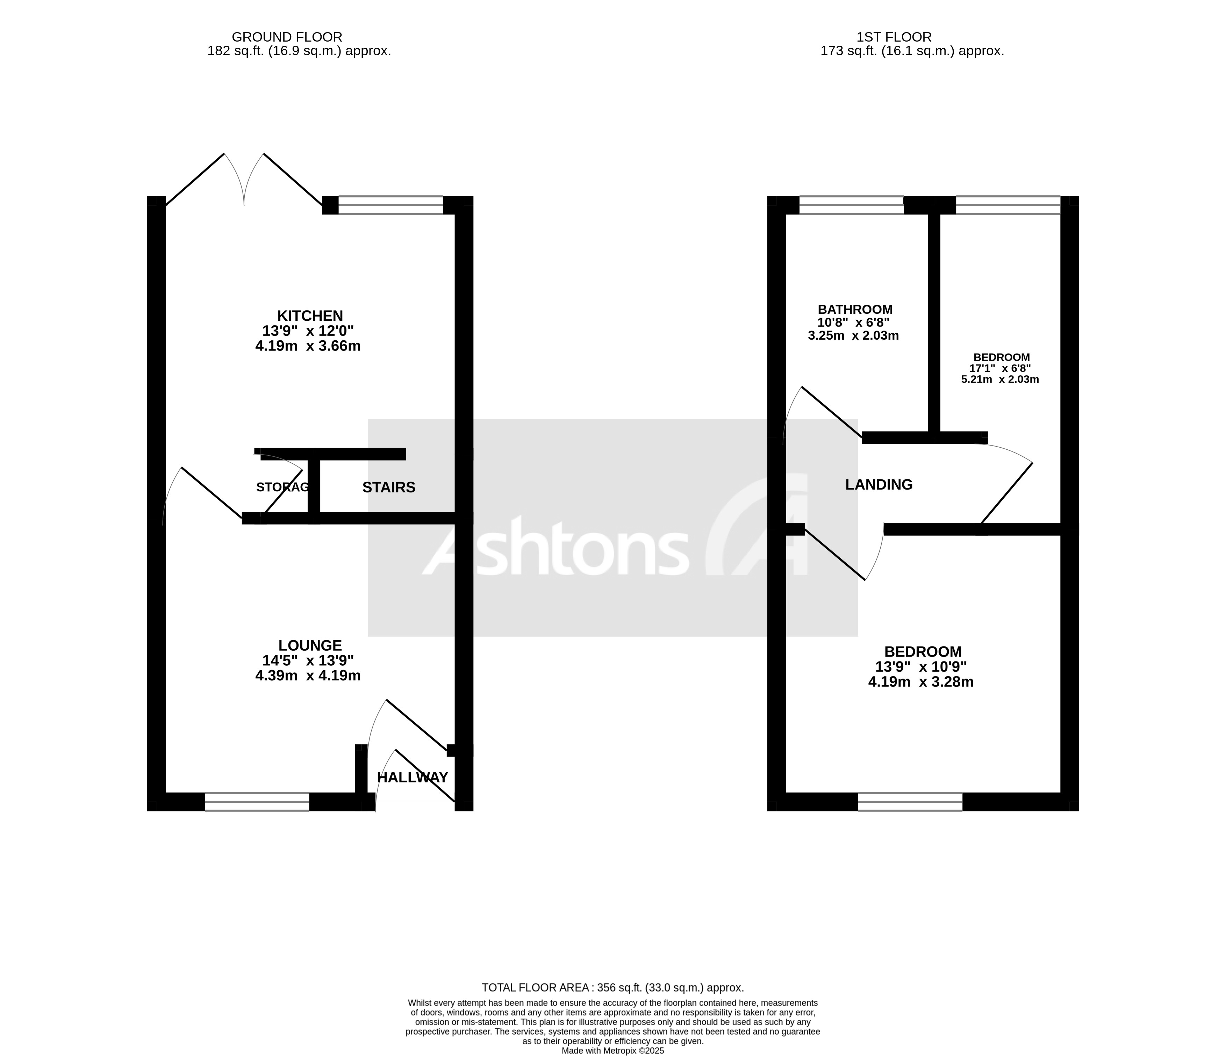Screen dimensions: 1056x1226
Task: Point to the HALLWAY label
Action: pos(413,777)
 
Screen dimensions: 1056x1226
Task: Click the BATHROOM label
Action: pos(855,309)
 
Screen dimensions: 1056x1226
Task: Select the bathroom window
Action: pos(852,205)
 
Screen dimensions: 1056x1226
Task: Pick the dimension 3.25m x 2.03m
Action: pos(853,336)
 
